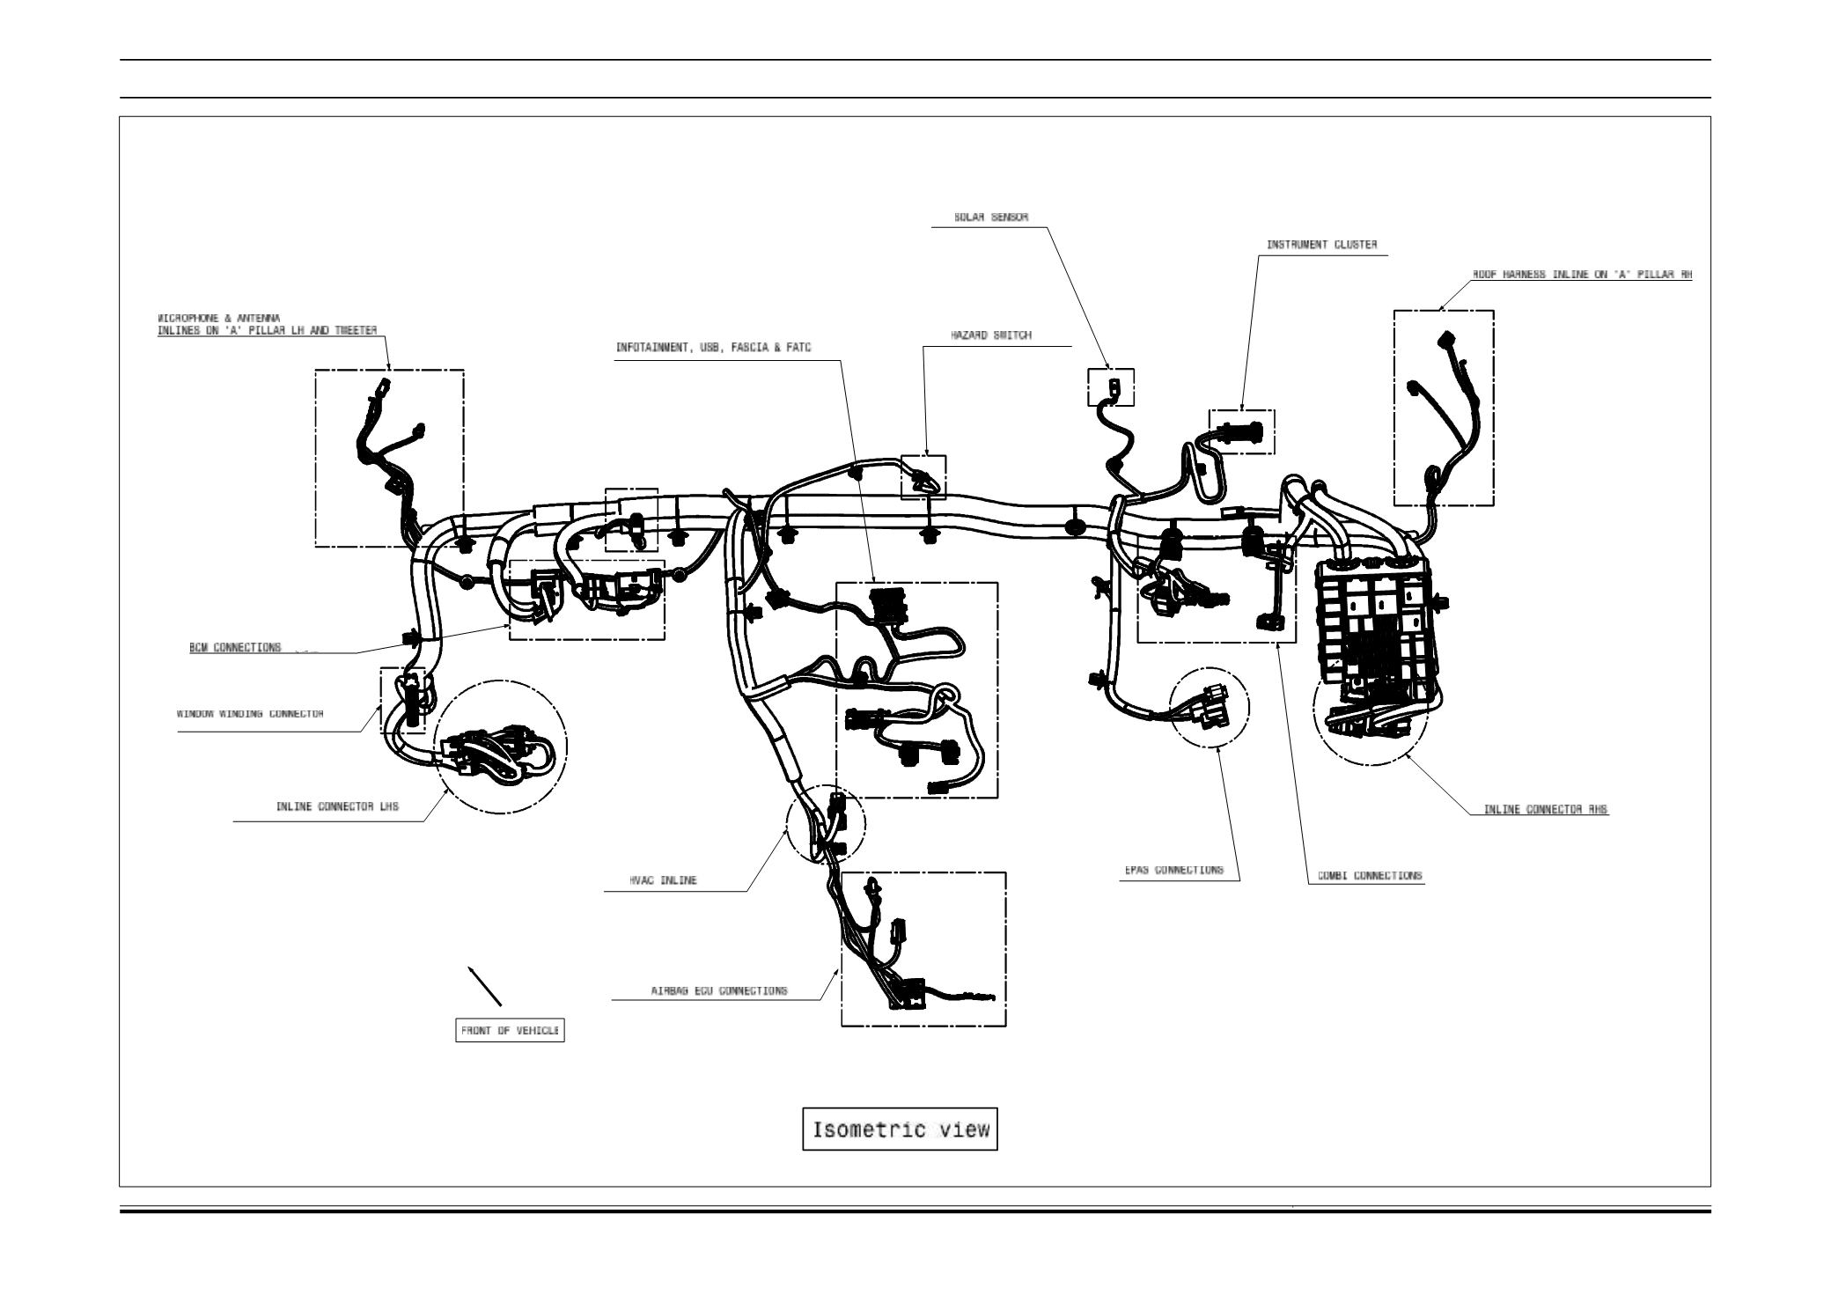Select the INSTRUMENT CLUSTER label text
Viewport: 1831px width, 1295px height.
pyautogui.click(x=1321, y=245)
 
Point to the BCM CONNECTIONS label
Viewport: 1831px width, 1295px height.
pyautogui.click(x=235, y=647)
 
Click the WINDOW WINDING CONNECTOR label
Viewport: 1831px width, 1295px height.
pyautogui.click(x=250, y=714)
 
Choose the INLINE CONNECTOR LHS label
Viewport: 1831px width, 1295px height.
pyautogui.click(x=337, y=806)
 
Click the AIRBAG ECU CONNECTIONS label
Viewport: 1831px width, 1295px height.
pyautogui.click(x=719, y=990)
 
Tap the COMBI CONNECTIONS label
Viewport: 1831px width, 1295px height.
pyautogui.click(x=1370, y=876)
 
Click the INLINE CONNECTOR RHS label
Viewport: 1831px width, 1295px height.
pyautogui.click(x=1546, y=809)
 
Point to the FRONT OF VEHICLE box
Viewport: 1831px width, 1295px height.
pyautogui.click(x=510, y=1031)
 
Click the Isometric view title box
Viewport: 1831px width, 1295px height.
pyautogui.click(x=900, y=1129)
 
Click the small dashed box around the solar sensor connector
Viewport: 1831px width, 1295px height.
pyautogui.click(x=1111, y=387)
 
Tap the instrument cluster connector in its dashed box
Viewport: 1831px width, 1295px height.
pyautogui.click(x=1241, y=432)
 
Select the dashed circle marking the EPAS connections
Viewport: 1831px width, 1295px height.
pyautogui.click(x=1209, y=708)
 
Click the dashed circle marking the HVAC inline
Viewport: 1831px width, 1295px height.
pyautogui.click(x=825, y=823)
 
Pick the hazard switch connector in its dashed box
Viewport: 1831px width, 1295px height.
pyautogui.click(x=923, y=478)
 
